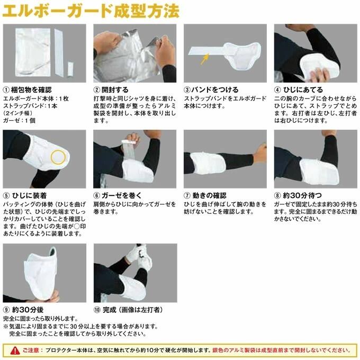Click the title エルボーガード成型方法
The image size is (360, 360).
point(91,11)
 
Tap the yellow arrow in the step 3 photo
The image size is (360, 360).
point(205,59)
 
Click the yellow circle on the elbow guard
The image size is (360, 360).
point(58,157)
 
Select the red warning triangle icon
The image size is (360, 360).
point(15,350)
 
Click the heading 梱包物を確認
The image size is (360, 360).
point(31,89)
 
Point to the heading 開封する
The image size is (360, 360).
point(115,89)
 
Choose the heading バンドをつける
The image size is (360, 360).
point(215,89)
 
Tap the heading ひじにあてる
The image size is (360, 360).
point(303,89)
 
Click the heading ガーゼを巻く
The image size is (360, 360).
point(122,195)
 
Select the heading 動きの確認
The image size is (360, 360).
point(210,195)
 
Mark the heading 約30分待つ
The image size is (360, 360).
point(302,195)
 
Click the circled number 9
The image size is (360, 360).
point(6,310)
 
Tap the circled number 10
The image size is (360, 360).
point(97,310)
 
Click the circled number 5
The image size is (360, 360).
point(6,195)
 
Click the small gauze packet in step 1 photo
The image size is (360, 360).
point(71,69)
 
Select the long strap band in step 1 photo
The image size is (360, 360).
point(60,53)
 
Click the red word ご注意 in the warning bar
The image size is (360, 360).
point(31,350)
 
